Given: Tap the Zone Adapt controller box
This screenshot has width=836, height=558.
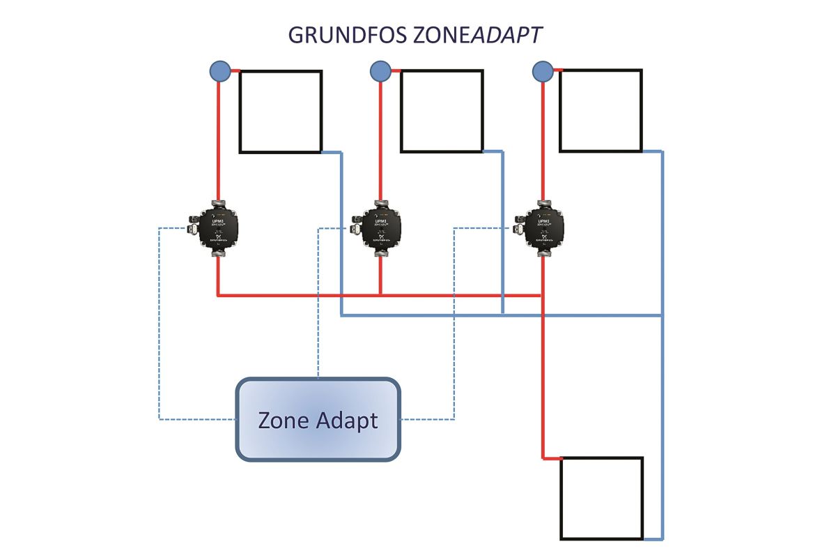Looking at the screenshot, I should point(318,419).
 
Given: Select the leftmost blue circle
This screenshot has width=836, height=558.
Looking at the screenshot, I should point(219,70).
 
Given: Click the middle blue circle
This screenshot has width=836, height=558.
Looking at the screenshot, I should point(380,70).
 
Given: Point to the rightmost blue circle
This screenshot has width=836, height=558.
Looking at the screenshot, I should point(542,70).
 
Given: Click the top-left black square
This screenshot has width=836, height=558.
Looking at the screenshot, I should point(281,112).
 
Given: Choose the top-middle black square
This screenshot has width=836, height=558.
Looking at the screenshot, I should point(442,112).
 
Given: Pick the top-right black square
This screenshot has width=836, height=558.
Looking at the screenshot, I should point(601,111).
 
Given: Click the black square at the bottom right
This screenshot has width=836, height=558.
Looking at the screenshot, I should point(602,498).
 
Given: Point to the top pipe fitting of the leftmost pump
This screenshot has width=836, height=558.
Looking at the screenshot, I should point(218,204).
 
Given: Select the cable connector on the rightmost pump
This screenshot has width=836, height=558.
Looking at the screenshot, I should point(518,227).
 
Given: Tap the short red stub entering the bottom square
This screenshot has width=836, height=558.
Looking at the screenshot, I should point(552,458).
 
